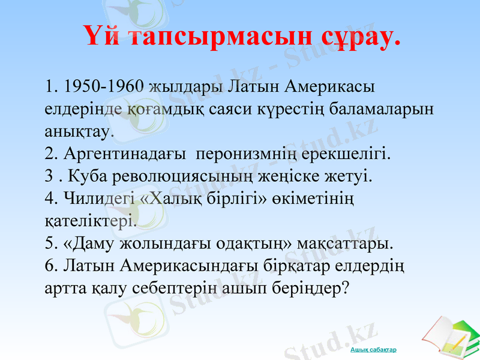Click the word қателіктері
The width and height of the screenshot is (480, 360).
(91, 221)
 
